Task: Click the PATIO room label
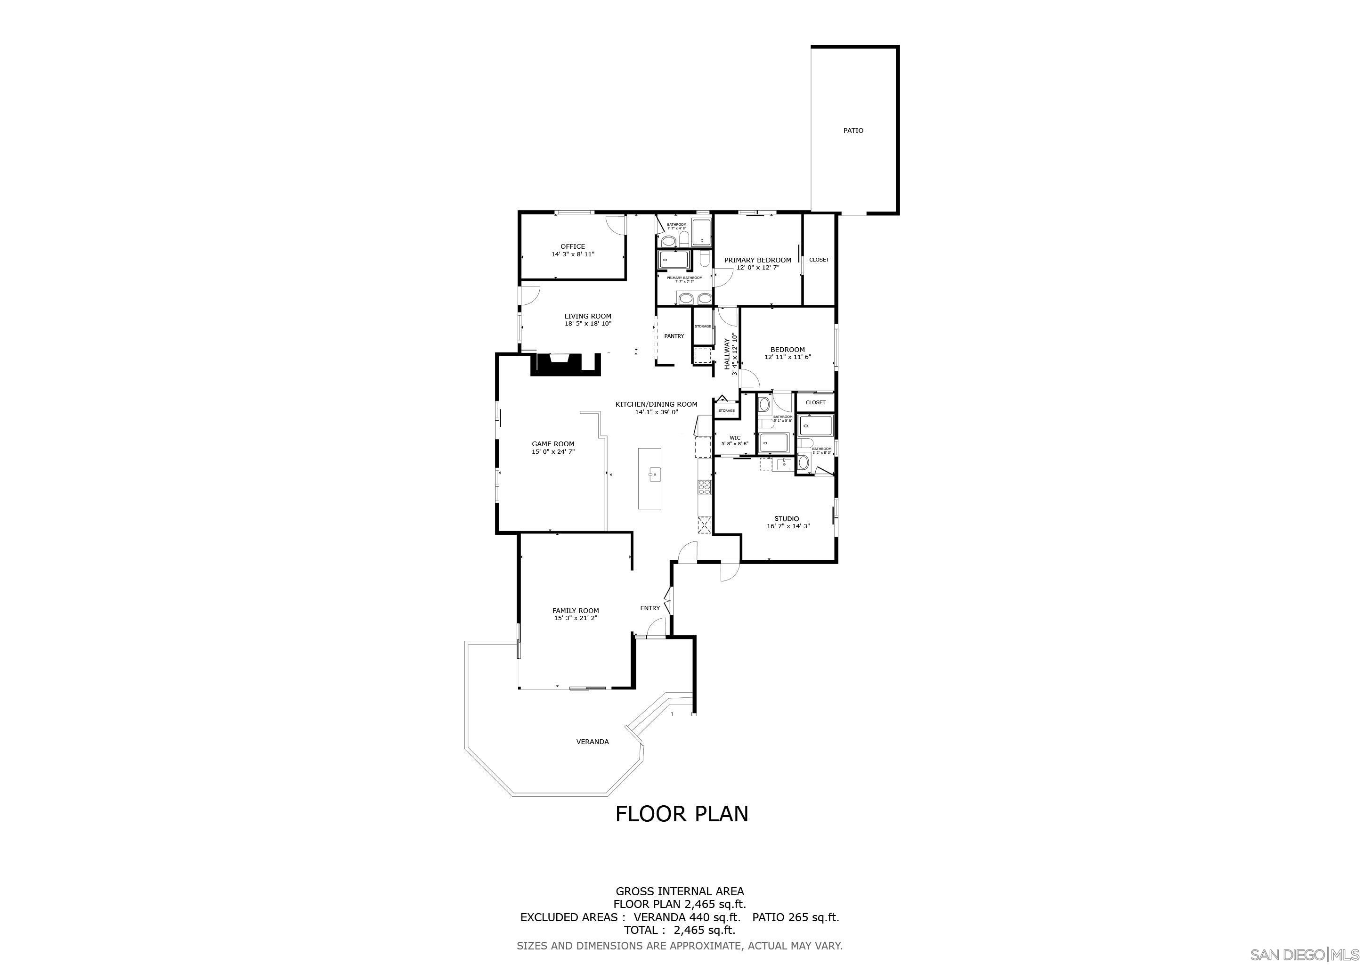tap(853, 131)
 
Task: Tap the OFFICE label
tap(573, 246)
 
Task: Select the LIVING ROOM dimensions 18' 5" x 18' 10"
tap(587, 324)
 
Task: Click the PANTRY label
tap(674, 336)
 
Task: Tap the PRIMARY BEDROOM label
tap(757, 260)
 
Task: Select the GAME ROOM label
tap(552, 444)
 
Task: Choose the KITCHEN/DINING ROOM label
tap(656, 405)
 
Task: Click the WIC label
tap(735, 438)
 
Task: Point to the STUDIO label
tap(787, 519)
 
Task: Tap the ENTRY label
tap(650, 608)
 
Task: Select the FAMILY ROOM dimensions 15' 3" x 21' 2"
tap(575, 618)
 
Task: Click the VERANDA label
tap(593, 742)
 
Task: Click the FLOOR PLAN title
tap(682, 814)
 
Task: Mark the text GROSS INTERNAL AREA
tap(680, 891)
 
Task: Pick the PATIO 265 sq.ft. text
tap(796, 917)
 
